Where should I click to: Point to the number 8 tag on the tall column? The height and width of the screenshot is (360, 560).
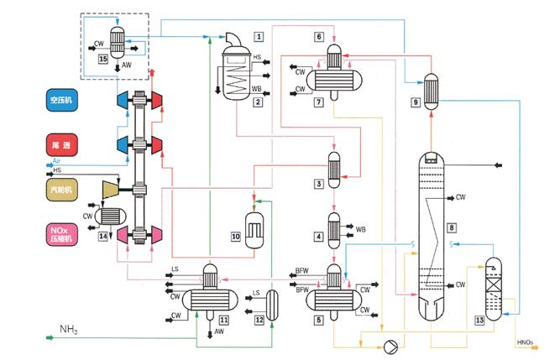coord(452,227)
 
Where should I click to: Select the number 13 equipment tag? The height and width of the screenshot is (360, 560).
coord(480,320)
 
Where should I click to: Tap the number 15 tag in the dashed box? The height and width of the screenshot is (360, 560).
coord(103,60)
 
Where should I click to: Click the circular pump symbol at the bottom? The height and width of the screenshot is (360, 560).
coord(389,346)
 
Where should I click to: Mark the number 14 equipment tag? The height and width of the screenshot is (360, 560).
coord(103,237)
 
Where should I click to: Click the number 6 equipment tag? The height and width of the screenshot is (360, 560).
coord(319,37)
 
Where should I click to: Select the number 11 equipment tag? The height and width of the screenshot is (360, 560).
coord(223,320)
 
